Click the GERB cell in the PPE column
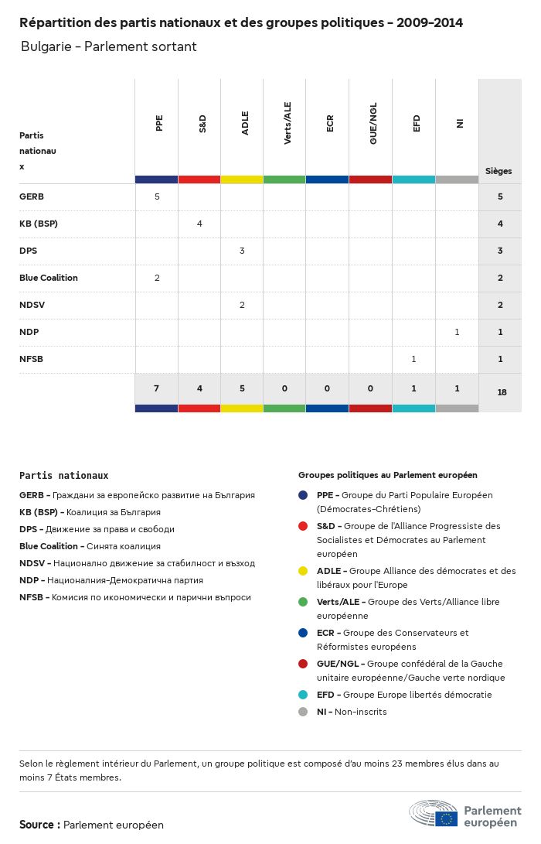157,196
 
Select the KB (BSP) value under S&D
199,224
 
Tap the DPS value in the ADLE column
242,251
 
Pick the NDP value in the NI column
457,332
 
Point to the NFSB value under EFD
414,359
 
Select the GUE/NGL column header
373,127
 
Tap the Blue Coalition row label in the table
49,278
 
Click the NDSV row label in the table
32,305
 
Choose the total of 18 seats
502,392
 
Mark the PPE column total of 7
157,388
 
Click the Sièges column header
498,171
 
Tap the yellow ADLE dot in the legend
303,571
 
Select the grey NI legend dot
303,712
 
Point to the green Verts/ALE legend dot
303,602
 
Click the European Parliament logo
465,814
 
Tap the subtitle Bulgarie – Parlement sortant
109,46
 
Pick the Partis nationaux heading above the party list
64,476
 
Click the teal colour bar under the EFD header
413,179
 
